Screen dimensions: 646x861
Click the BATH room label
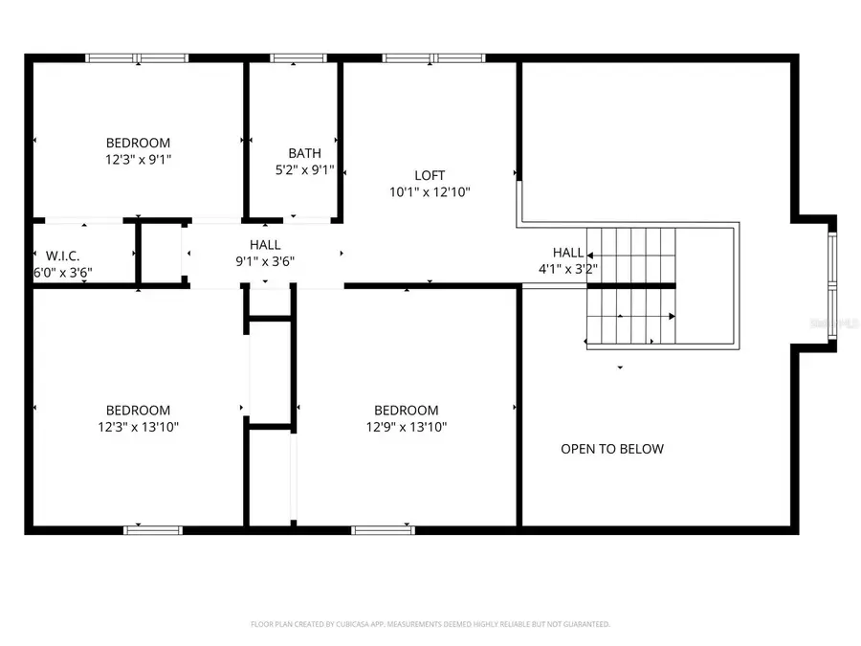tap(304, 153)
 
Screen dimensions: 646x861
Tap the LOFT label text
tap(430, 175)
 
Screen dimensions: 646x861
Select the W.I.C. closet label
tap(62, 256)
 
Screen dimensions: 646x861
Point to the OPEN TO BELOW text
tap(611, 449)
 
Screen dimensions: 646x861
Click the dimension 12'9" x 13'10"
tap(406, 427)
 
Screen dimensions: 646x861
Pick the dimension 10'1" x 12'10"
tap(430, 191)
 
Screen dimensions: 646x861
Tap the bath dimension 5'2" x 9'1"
tap(304, 170)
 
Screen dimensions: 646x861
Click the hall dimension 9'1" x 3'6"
tap(265, 261)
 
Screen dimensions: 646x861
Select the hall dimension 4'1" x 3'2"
tap(568, 269)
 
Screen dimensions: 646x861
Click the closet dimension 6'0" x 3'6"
tap(62, 272)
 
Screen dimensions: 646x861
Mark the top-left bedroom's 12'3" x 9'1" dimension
tap(138, 160)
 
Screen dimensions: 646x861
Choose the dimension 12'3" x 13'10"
tap(138, 427)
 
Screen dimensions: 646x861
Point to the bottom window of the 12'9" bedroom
tap(383, 528)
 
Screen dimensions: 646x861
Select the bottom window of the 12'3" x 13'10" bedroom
tap(153, 528)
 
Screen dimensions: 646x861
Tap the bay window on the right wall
tap(831, 283)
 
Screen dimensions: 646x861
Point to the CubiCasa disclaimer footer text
tap(430, 624)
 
